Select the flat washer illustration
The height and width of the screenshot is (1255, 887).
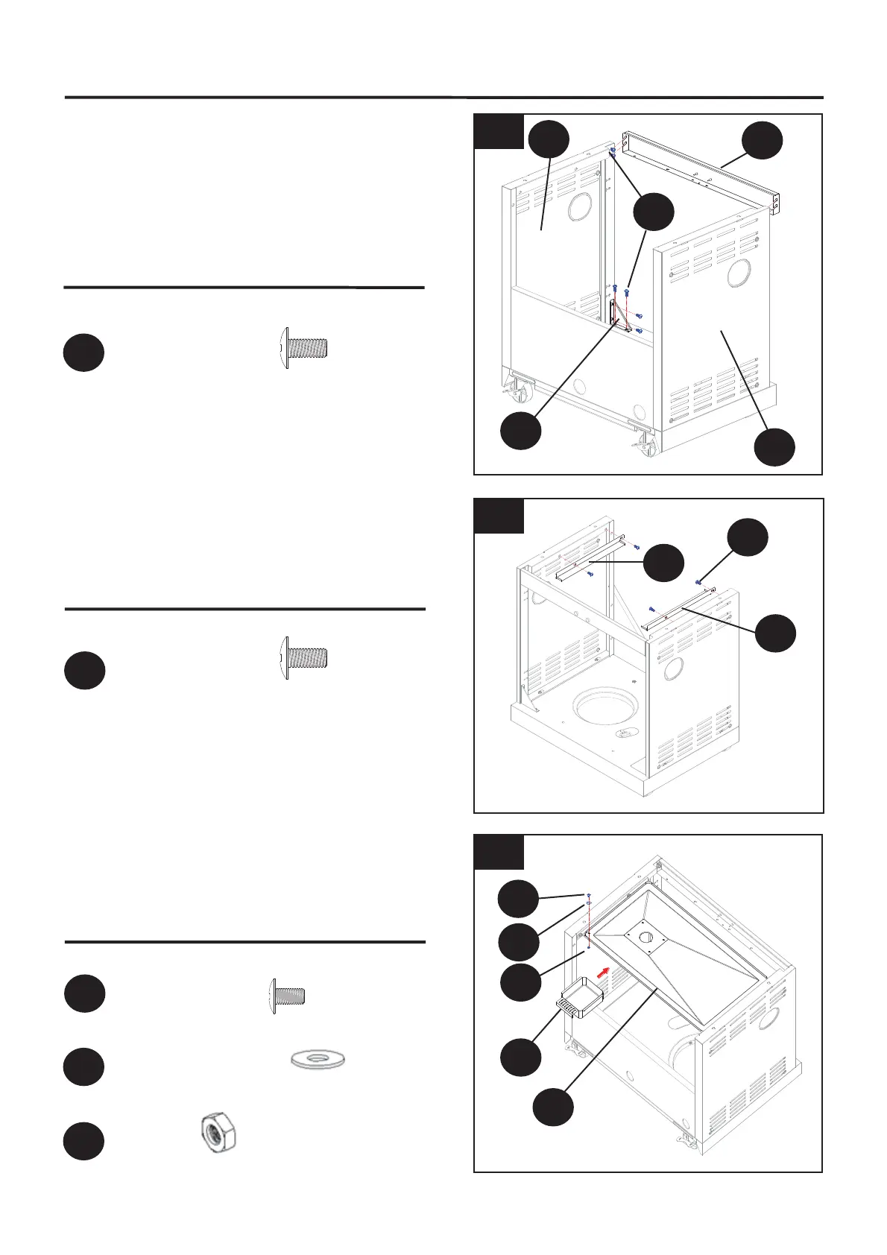(x=318, y=1058)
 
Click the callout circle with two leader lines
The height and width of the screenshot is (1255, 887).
(x=654, y=212)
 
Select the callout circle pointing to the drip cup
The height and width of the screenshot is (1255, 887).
(x=520, y=1056)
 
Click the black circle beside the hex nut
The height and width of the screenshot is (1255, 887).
(x=83, y=1141)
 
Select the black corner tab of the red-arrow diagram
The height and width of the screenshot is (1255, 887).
(x=499, y=851)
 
